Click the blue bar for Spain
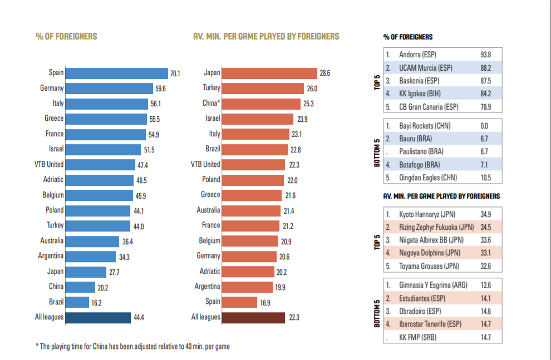pyautogui.click(x=116, y=73)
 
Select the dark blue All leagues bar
pyautogui.click(x=98, y=317)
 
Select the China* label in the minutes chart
pyautogui.click(x=211, y=103)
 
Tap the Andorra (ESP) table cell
pyautogui.click(x=418, y=55)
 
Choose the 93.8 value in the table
pyautogui.click(x=485, y=55)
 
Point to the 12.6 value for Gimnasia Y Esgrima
pyautogui.click(x=485, y=285)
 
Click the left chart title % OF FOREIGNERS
pyautogui.click(x=66, y=36)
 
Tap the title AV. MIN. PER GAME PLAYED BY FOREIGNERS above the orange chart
pyautogui.click(x=265, y=36)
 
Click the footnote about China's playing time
pyautogui.click(x=132, y=346)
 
